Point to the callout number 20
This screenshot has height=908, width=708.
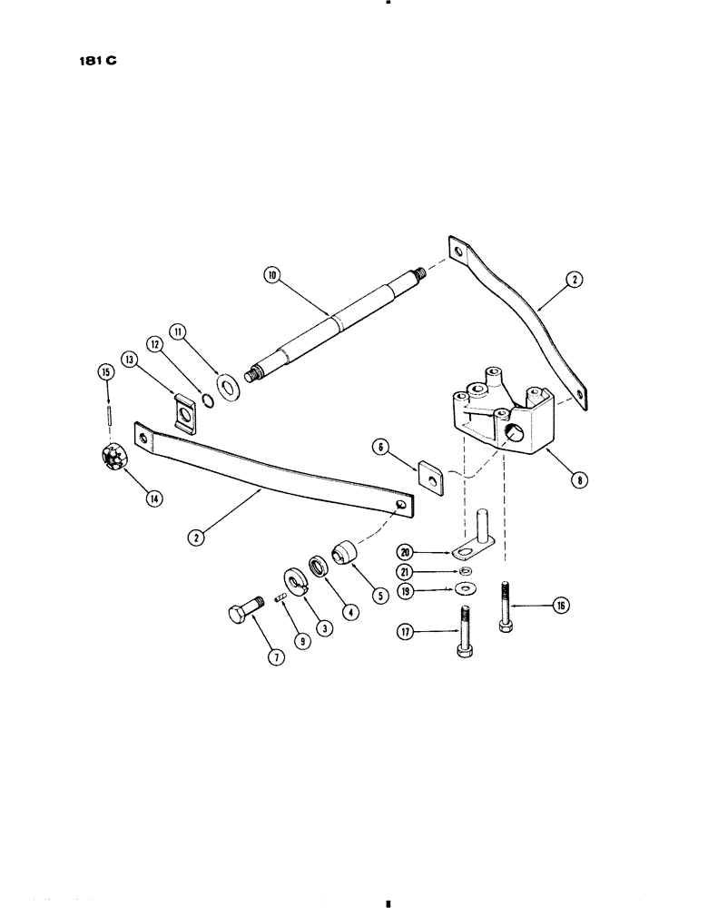pos(406,549)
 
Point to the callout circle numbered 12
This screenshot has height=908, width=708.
pos(155,345)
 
